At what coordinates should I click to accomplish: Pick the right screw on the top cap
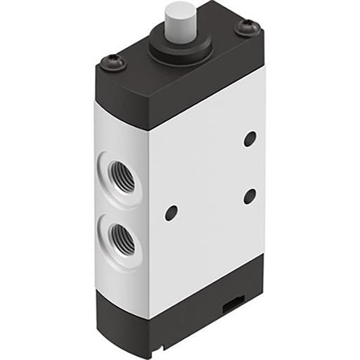click(x=247, y=27)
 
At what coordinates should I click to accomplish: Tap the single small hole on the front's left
click(x=170, y=210)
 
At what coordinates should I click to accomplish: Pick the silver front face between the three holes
click(x=211, y=183)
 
